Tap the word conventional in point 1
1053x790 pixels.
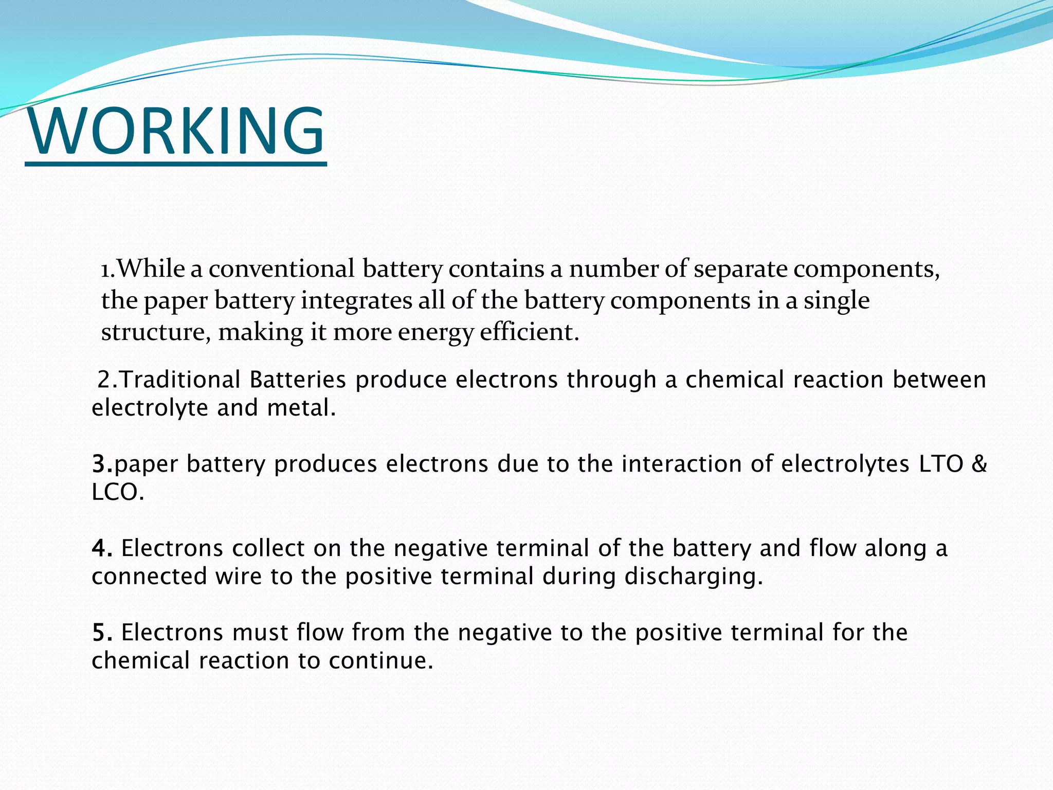coord(281,269)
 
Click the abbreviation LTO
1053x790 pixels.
coord(933,464)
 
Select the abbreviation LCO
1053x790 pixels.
coord(118,493)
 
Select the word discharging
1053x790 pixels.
coord(694,577)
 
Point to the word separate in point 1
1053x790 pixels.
coord(740,269)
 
